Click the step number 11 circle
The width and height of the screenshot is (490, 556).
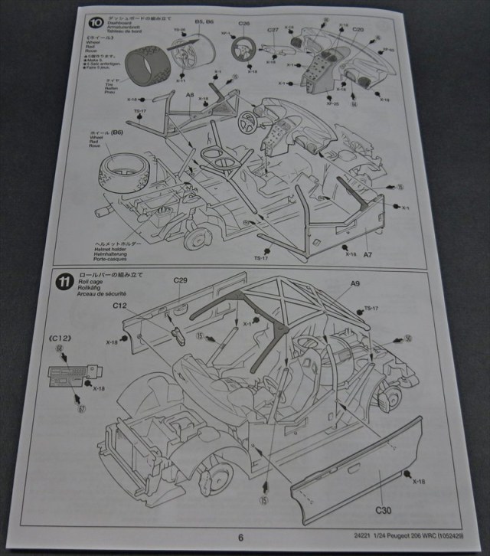tap(65, 280)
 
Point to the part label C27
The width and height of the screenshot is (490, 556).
tap(273, 31)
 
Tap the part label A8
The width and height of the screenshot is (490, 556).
tap(189, 94)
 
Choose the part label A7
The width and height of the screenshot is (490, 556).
tap(367, 253)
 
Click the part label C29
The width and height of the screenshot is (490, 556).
tap(181, 281)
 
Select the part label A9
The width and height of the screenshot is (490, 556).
tap(355, 283)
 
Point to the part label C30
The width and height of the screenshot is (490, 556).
tap(384, 508)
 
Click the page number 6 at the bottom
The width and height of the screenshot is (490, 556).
tap(240, 538)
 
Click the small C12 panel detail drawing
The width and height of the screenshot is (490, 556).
tap(67, 375)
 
